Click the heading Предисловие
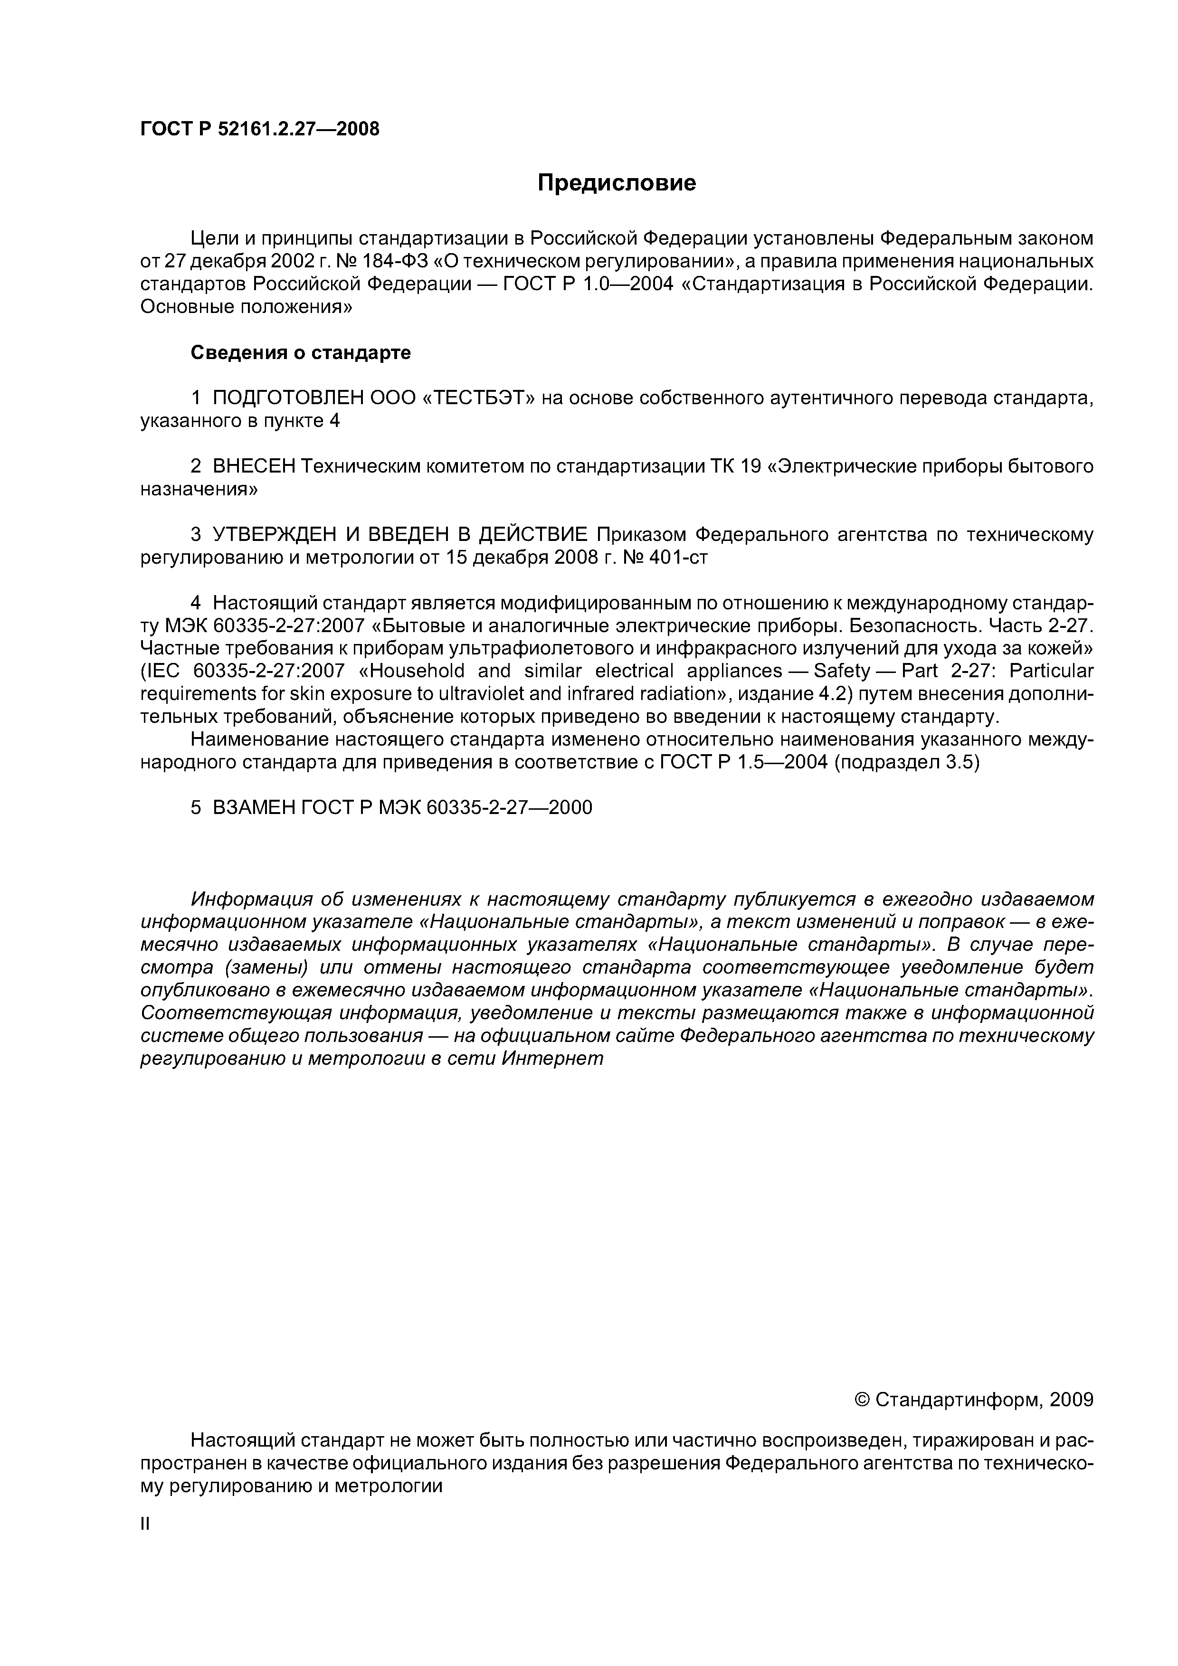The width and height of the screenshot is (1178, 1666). click(x=616, y=183)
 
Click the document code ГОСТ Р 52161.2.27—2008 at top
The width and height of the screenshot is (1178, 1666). click(x=259, y=129)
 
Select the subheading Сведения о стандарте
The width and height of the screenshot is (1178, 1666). click(x=301, y=353)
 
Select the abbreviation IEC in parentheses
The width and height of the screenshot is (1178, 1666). click(x=161, y=671)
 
